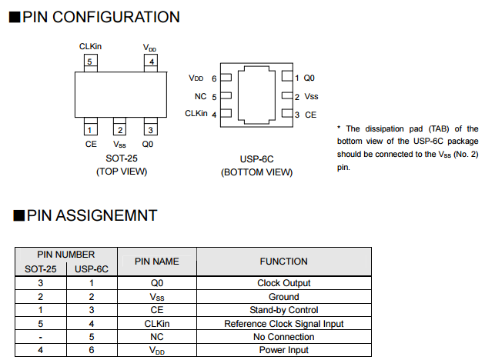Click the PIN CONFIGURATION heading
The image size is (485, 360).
(101, 16)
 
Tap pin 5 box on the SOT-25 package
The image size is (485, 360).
(90, 62)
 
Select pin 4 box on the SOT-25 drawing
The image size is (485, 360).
(152, 62)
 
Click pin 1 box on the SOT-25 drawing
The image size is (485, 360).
(90, 129)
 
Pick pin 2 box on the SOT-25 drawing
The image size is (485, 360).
(120, 129)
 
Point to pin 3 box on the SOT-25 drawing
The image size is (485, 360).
(151, 129)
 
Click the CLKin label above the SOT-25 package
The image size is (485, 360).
(90, 47)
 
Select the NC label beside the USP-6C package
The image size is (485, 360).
(200, 97)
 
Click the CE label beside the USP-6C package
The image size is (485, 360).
(310, 115)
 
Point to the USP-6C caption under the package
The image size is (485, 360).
(256, 159)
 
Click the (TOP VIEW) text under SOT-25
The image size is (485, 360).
(122, 171)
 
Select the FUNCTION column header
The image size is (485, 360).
(283, 262)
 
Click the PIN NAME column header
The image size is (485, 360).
(157, 262)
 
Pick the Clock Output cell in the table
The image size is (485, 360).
(283, 283)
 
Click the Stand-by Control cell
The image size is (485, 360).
(283, 310)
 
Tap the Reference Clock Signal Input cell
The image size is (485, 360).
(283, 324)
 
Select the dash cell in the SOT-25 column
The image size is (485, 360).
(40, 337)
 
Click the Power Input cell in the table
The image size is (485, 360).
(283, 351)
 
